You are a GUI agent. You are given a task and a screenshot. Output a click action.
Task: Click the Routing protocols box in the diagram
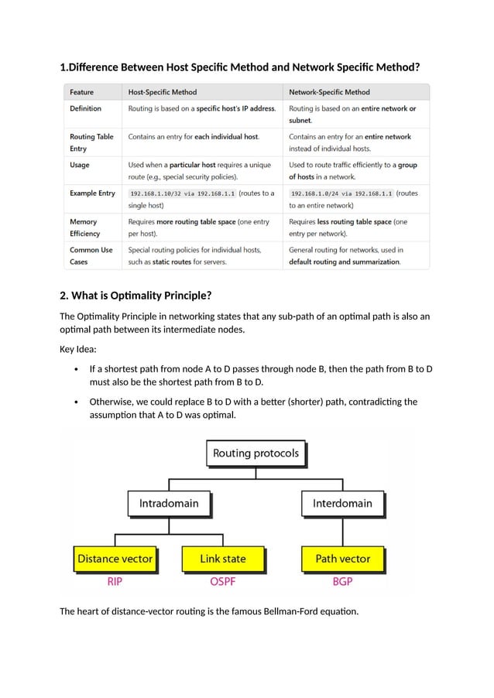tap(256, 453)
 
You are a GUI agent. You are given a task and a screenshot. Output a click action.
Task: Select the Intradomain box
tap(169, 504)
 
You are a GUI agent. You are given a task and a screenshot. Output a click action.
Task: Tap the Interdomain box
tap(342, 504)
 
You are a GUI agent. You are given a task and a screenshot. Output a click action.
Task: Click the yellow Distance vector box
tap(115, 559)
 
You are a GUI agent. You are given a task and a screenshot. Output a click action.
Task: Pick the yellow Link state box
tap(222, 559)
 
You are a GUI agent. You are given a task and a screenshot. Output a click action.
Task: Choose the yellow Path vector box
tap(342, 559)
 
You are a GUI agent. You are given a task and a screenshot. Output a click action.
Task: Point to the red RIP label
tap(115, 582)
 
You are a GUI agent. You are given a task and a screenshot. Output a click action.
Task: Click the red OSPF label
tap(222, 582)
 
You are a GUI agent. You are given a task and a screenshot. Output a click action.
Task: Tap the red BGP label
tap(342, 582)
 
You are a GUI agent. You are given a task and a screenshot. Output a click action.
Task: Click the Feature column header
tap(83, 92)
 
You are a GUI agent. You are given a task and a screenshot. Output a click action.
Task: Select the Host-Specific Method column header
tap(163, 92)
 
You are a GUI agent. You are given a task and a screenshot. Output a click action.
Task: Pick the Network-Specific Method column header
tap(329, 92)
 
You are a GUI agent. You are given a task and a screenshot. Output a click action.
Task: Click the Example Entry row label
tap(92, 193)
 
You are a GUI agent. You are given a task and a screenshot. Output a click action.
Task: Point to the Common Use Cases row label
tap(91, 256)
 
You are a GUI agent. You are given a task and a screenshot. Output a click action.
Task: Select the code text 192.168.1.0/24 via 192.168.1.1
tap(341, 193)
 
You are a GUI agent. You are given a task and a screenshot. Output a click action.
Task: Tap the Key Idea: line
tap(78, 349)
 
